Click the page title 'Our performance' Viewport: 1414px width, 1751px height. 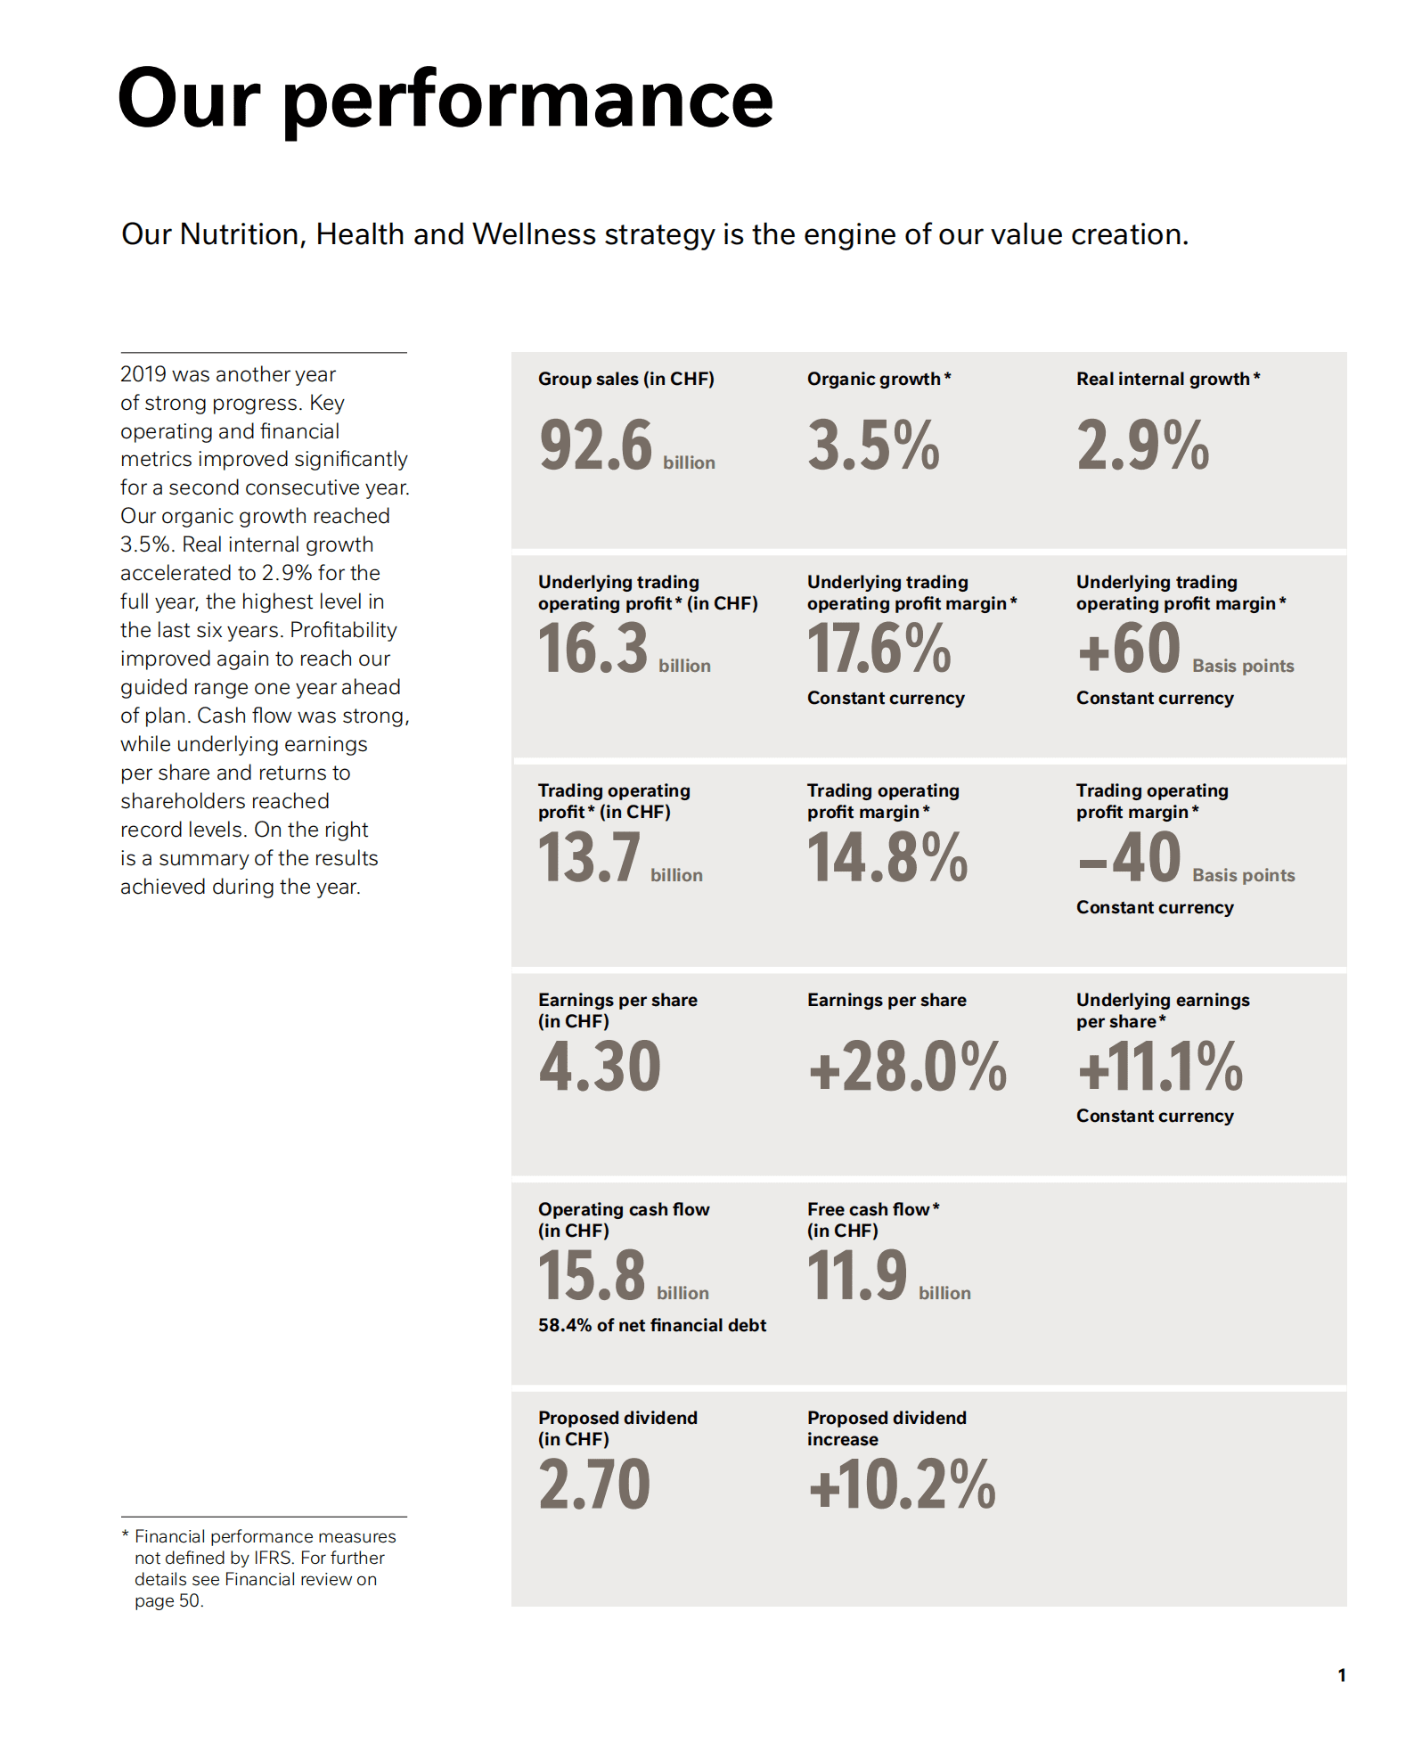coord(445,100)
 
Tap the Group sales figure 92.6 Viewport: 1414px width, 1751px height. coord(595,446)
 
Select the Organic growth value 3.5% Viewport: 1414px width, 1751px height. coord(873,446)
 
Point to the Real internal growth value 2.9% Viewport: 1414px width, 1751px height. coord(1142,446)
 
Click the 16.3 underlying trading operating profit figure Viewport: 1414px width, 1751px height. coord(593,649)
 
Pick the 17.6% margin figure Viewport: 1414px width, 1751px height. coord(879,649)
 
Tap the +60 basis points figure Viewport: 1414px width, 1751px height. coord(1129,649)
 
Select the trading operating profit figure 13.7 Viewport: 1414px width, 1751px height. coord(589,858)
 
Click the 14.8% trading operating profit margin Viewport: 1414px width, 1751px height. coord(887,858)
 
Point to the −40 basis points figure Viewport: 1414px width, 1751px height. coord(1129,858)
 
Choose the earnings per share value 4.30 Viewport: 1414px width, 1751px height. coord(600,1067)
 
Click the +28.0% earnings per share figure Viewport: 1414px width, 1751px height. coord(907,1067)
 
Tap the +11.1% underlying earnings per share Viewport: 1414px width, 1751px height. coord(1159,1067)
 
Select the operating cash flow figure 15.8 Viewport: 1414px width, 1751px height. coord(592,1276)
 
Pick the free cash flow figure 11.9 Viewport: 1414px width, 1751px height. coord(856,1276)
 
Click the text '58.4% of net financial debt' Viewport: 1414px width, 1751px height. coord(651,1326)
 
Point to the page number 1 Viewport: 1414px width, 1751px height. coord(1341,1675)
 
